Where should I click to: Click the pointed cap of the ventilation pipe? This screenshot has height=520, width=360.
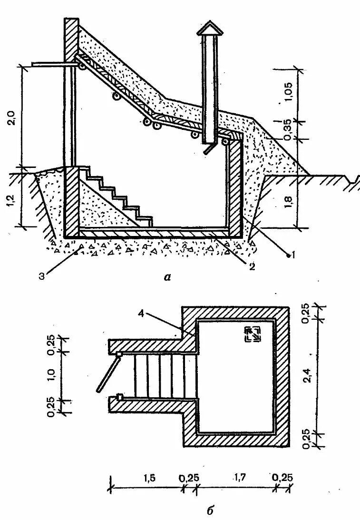(x=210, y=29)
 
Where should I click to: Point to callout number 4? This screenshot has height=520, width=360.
(x=143, y=313)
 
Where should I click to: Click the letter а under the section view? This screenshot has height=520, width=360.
(x=166, y=278)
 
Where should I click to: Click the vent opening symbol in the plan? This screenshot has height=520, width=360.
(x=252, y=335)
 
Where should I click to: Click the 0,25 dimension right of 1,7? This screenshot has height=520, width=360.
(x=282, y=477)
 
